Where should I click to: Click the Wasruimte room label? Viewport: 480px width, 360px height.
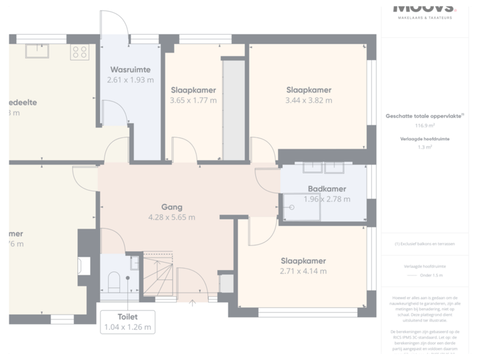click(x=130, y=69)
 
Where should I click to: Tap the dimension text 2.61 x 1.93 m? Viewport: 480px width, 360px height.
click(x=130, y=80)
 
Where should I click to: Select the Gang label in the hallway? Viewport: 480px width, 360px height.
click(x=171, y=207)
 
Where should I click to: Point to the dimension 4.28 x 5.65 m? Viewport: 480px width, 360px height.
click(x=171, y=217)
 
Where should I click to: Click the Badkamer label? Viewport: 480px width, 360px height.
click(x=327, y=189)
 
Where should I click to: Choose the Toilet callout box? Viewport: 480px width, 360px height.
click(x=127, y=322)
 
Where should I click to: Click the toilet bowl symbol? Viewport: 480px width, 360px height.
click(x=113, y=280)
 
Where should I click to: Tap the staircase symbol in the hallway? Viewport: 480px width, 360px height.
click(x=160, y=275)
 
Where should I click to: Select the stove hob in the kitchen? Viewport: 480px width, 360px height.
click(x=80, y=51)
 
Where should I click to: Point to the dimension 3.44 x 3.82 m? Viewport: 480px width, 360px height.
click(x=309, y=101)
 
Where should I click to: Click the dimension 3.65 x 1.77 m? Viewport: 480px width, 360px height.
click(x=193, y=101)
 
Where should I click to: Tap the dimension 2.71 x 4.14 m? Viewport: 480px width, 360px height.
click(x=303, y=271)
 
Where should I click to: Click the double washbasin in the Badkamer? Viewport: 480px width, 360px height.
click(x=322, y=168)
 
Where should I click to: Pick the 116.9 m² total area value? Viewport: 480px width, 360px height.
click(x=425, y=125)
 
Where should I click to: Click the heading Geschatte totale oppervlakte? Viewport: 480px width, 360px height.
click(x=425, y=116)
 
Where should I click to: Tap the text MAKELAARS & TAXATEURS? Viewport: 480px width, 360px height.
click(x=425, y=17)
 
